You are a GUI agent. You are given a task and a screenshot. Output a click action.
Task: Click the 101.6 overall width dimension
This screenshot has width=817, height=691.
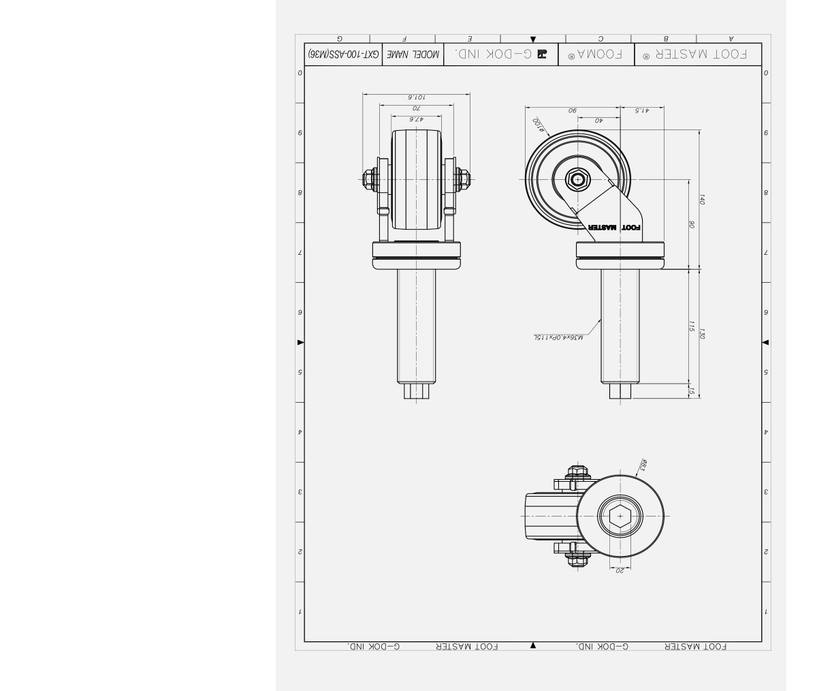pos(417,97)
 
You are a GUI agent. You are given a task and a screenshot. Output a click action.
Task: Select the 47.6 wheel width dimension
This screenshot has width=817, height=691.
pos(417,119)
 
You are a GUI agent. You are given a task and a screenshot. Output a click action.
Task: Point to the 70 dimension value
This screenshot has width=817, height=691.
pos(417,108)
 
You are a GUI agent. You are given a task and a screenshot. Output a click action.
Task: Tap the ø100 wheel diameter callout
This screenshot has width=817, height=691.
pos(538,124)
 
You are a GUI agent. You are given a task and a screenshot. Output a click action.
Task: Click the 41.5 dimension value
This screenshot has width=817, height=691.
pos(641,110)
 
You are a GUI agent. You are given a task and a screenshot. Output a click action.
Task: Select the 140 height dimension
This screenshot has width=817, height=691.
pos(703,199)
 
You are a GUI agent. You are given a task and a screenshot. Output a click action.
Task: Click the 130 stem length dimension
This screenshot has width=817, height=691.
pos(703,334)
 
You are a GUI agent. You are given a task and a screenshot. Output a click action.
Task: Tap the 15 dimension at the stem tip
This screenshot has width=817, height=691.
pos(692,390)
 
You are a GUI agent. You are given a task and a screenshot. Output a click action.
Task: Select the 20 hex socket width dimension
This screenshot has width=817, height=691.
pos(620,570)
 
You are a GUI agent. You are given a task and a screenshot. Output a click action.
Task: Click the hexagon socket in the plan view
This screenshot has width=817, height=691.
pos(620,516)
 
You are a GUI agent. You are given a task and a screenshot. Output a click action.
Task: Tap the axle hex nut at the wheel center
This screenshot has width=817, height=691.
pos(578,179)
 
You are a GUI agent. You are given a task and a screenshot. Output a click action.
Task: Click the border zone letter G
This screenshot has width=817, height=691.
pos(339,40)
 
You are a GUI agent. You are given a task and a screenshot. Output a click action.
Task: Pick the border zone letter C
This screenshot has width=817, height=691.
pos(600,40)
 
